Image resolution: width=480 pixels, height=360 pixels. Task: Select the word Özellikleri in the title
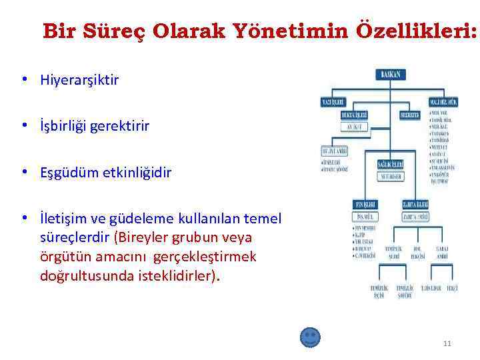408,31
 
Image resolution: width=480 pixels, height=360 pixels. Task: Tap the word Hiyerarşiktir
79,80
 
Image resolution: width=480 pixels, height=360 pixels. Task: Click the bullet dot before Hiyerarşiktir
24,80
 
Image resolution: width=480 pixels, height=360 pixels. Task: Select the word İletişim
62,219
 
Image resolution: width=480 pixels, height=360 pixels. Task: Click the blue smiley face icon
310,337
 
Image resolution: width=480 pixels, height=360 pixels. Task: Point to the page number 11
447,343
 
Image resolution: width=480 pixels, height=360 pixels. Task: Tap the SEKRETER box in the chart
409,115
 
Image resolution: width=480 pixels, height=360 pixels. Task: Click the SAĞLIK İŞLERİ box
389,164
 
